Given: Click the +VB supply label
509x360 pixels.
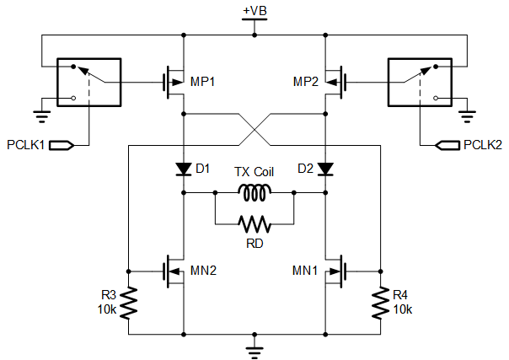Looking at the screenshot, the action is [254, 11].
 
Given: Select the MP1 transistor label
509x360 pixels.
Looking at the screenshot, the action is [202, 82].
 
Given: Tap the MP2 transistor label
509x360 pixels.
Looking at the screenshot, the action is [306, 82].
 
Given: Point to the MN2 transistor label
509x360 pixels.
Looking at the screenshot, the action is [203, 270].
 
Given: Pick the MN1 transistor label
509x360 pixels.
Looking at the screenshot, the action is [305, 270].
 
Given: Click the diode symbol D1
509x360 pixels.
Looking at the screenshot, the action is [184, 169].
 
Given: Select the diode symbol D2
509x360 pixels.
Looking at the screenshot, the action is [325, 169].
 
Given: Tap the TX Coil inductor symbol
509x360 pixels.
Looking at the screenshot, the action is [254, 192].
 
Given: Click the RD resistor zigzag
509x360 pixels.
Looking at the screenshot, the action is [254, 224].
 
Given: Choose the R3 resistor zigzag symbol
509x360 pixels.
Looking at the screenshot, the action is [129, 303].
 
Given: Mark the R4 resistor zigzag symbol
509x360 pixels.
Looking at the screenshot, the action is [380, 303].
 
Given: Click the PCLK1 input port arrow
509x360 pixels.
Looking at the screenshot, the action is [62, 145].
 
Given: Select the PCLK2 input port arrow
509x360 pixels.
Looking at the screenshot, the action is [447, 145].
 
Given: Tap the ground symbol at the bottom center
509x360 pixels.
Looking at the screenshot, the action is [254, 352].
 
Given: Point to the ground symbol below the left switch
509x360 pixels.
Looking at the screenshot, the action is [42, 116].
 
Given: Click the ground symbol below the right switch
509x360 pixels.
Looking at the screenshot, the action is [467, 116].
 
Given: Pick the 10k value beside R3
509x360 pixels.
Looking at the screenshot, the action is [107, 309].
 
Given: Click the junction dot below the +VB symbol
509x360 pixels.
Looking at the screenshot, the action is [254, 35].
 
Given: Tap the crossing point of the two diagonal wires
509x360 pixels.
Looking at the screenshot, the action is [254, 130].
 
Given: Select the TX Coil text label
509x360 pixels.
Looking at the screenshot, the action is [254, 172].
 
